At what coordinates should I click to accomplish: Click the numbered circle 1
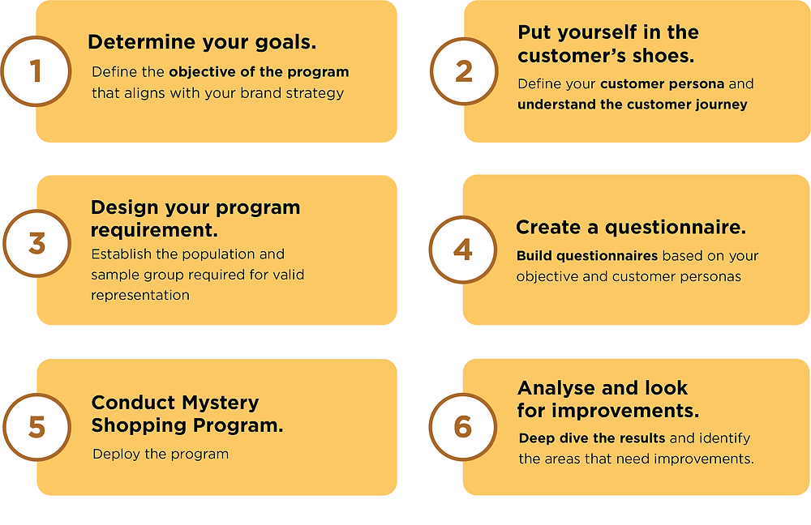pos(36,71)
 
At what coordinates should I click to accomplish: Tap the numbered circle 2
pos(464,71)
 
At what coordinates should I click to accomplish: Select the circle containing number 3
pos(36,243)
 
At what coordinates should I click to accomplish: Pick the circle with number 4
pos(463,250)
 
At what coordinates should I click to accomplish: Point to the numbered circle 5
pos(36,427)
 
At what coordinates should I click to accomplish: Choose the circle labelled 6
pos(463,427)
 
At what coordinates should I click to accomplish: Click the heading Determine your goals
pos(202,42)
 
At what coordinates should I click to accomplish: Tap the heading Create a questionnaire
pos(631,228)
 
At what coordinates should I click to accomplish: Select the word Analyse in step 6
pos(551,387)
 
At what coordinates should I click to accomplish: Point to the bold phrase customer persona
pos(662,83)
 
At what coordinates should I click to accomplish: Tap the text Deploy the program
pos(161,455)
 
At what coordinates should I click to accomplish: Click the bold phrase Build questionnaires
pos(587,256)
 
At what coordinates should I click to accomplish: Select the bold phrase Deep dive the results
pos(592,438)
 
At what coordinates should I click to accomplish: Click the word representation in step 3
pos(140,296)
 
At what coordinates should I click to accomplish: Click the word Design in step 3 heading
pos(125,207)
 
